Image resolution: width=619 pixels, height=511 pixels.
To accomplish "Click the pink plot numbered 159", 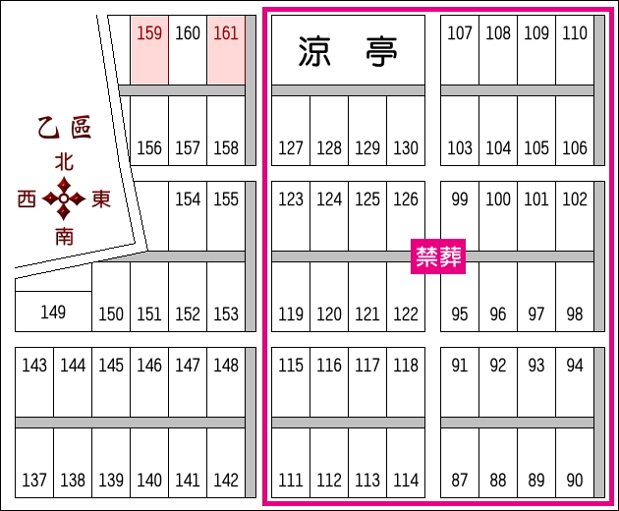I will [x=149, y=49].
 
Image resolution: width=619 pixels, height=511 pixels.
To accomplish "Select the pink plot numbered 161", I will [x=226, y=49].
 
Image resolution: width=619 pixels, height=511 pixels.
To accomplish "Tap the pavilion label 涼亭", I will [x=348, y=50].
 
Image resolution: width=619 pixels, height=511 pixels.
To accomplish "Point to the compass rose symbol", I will [x=64, y=199].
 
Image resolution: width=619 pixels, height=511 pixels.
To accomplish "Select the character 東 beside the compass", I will [x=100, y=199].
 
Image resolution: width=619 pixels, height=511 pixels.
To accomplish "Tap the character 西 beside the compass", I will [x=28, y=199].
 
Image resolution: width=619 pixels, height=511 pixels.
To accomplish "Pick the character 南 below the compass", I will [x=64, y=236].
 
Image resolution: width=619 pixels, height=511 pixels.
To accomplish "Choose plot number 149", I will [x=53, y=312].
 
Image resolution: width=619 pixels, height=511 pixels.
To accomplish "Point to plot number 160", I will [x=188, y=49].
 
